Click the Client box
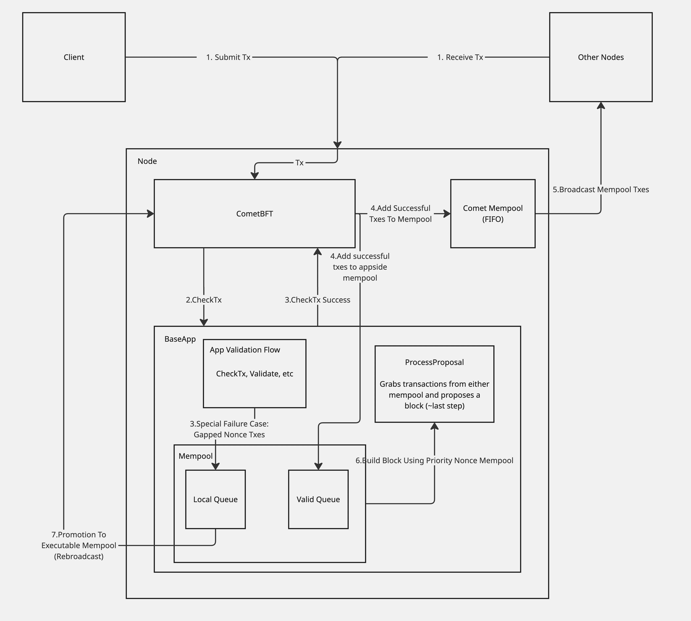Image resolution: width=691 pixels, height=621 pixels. pos(74,57)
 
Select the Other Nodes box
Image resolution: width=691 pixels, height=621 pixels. pos(601,57)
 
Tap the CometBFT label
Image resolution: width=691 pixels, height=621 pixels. pos(254,214)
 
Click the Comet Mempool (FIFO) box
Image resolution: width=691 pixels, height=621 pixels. pos(493,214)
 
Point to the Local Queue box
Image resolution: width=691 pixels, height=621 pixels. pos(215,499)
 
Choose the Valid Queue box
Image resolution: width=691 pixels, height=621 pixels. pos(318,499)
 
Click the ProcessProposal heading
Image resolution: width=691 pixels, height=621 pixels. pos(434,362)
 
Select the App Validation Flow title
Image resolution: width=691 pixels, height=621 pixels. pos(245,350)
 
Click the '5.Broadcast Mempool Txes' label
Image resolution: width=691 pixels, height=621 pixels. pos(601,189)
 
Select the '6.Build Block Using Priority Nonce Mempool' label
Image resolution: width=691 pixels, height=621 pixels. pos(434,460)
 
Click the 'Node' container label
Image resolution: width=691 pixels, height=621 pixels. pos(147,161)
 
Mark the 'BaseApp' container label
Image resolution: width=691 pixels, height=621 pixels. pos(180,339)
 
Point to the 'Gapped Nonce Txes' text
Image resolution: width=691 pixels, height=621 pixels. pos(229,434)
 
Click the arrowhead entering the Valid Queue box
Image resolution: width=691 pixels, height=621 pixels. pos(318,466)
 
